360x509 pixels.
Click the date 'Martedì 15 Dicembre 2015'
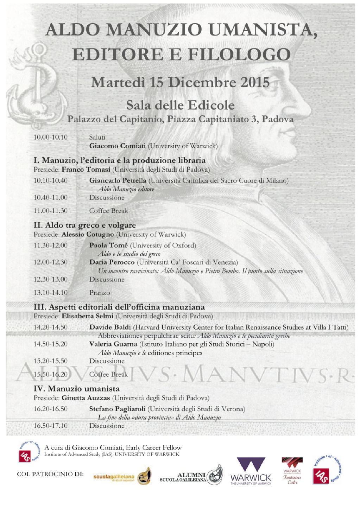pyautogui.click(x=180, y=83)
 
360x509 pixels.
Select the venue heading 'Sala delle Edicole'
pyautogui.click(x=180, y=105)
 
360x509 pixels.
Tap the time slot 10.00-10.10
pyautogui.click(x=50, y=137)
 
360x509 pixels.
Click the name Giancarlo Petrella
pyautogui.click(x=118, y=180)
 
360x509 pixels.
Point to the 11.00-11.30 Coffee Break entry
pyautogui.click(x=108, y=211)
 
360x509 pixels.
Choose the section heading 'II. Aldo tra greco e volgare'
pyautogui.click(x=84, y=225)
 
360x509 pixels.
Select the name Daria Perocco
pyautogui.click(x=112, y=262)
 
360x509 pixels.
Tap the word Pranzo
pyautogui.click(x=100, y=293)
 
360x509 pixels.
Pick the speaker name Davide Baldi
pyautogui.click(x=110, y=327)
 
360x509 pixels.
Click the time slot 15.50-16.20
pyautogui.click(x=50, y=374)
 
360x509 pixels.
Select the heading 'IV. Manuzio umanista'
pyautogui.click(x=76, y=389)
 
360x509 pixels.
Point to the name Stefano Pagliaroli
pyautogui.click(x=117, y=409)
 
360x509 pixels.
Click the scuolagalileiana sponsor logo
pyautogui.click(x=122, y=476)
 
